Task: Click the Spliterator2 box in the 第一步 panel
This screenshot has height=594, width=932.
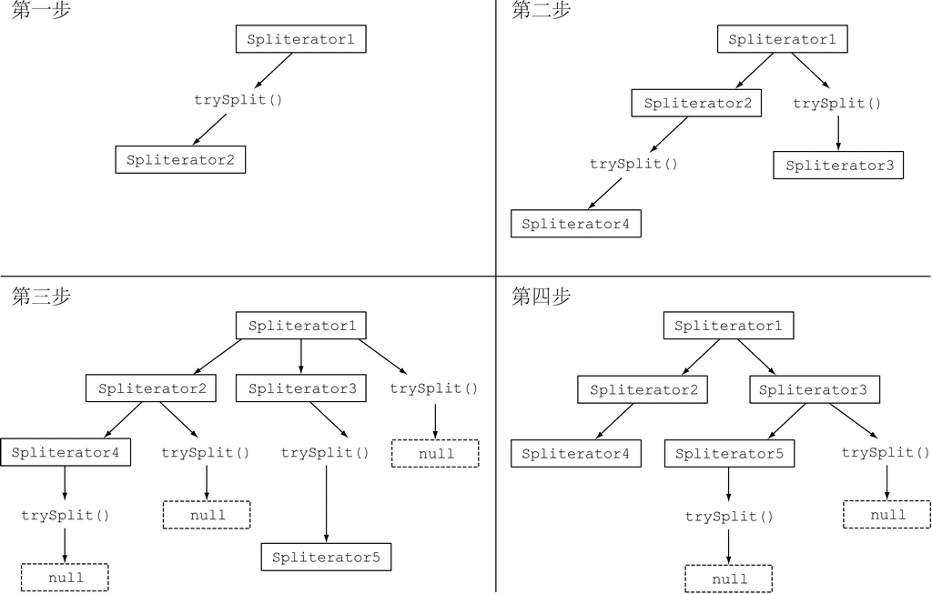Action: [x=180, y=160]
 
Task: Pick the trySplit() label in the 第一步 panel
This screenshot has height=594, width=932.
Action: [x=238, y=99]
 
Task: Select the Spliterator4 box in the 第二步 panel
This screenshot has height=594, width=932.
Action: [x=575, y=224]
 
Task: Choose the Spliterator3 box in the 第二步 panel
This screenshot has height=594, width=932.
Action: [x=838, y=166]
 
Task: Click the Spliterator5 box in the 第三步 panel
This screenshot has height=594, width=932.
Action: [x=326, y=557]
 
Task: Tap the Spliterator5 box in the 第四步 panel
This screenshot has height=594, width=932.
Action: [x=729, y=453]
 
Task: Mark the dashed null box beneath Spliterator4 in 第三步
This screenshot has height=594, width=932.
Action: [x=65, y=578]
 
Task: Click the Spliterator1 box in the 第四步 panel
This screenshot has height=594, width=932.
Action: [x=729, y=326]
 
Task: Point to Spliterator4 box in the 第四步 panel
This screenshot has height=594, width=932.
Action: [x=575, y=453]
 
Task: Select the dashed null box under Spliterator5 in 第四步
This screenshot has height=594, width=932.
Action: [x=729, y=579]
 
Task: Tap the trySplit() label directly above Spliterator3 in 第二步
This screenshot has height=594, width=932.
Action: [x=837, y=104]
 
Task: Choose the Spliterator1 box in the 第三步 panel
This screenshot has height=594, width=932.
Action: [x=301, y=326]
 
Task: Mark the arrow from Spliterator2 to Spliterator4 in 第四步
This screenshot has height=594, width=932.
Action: [x=614, y=421]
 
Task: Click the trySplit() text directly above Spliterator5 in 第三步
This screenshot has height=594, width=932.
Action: [x=325, y=452]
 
